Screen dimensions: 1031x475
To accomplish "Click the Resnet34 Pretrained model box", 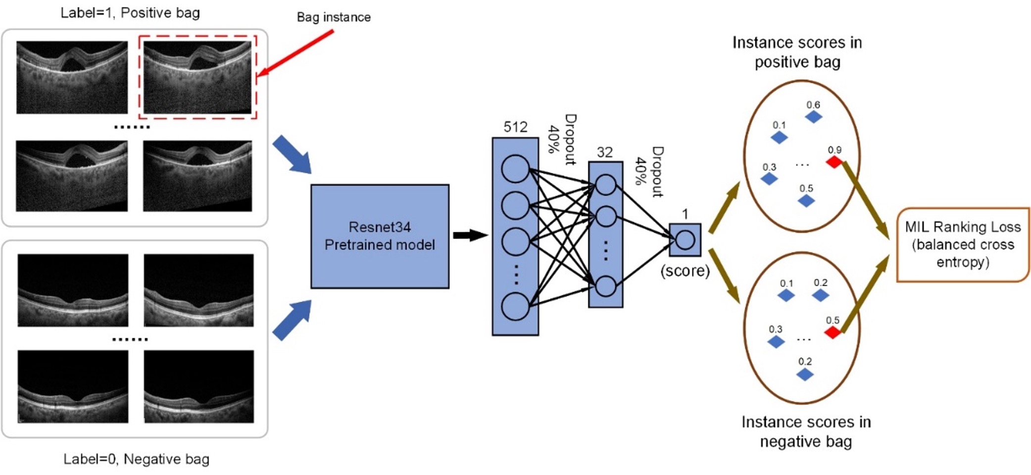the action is (x=380, y=236).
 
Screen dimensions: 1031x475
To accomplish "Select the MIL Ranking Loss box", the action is (x=963, y=245).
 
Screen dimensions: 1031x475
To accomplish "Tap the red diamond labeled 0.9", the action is (x=834, y=161).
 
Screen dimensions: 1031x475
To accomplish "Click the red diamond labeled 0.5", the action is (x=833, y=332).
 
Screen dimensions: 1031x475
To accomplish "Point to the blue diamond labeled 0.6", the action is (x=813, y=117).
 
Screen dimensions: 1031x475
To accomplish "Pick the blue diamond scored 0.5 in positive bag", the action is (x=806, y=201).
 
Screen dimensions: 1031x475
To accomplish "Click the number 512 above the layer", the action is (x=515, y=127).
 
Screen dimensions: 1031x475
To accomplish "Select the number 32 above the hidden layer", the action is (x=605, y=152).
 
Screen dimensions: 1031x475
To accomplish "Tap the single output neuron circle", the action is (x=685, y=240).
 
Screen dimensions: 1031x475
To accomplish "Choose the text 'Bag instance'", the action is (x=334, y=17).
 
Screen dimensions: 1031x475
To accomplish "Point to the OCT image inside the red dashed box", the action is (x=197, y=77).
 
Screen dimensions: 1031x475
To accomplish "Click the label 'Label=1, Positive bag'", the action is (x=130, y=13).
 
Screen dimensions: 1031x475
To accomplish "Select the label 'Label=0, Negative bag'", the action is (x=136, y=459).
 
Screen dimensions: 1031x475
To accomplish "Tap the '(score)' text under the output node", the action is (x=685, y=270).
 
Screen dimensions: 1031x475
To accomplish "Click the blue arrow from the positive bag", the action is (x=292, y=155).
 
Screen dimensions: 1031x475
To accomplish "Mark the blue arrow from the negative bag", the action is (x=292, y=320).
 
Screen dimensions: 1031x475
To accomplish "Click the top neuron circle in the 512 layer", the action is (x=515, y=168).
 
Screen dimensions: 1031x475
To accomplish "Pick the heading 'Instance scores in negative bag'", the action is (x=806, y=431).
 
